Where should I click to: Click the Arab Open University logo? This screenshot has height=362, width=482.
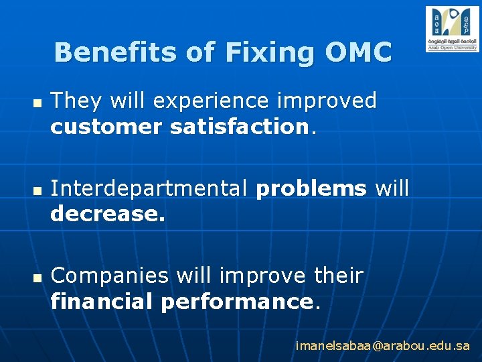(x=452, y=29)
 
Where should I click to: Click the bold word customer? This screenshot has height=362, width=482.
(x=107, y=127)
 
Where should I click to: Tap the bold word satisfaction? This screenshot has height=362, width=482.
(x=238, y=127)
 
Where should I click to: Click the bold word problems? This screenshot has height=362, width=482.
(x=311, y=189)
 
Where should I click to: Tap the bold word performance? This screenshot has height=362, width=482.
(x=236, y=301)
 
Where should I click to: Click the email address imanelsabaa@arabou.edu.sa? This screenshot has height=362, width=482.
(x=383, y=347)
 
